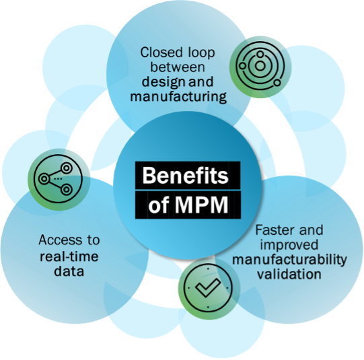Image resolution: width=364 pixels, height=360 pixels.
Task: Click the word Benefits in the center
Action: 185,176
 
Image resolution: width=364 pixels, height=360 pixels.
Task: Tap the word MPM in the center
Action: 201,205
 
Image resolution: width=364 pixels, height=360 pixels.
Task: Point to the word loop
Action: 201,52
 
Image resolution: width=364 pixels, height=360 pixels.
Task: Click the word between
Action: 178,67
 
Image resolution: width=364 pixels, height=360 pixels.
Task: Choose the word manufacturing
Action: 178,97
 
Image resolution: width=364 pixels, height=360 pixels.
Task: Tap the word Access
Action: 60,240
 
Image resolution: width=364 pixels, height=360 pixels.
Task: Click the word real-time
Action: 69,256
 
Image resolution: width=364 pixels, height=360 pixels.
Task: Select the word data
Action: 69,271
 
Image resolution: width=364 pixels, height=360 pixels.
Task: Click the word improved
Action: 289,246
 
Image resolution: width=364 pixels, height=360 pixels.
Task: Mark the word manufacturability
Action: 289,260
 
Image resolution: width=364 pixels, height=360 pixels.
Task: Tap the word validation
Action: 289,274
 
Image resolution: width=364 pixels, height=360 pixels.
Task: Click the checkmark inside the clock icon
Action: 208,287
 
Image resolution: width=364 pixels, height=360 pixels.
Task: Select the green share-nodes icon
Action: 59,179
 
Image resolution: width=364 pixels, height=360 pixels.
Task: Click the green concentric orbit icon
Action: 260,67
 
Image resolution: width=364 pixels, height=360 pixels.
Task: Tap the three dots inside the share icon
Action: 58,179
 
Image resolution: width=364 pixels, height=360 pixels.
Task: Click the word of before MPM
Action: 159,205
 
